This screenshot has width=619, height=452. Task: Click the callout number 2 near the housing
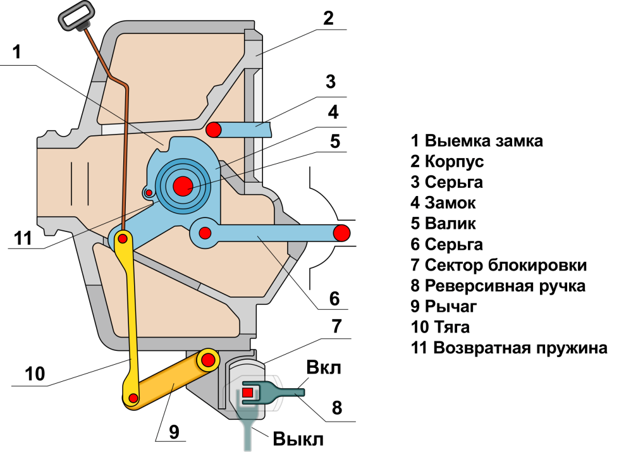pyautogui.click(x=328, y=18)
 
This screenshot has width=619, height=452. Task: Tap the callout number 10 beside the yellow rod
pyautogui.click(x=35, y=374)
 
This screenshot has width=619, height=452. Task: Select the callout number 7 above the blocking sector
pyautogui.click(x=336, y=326)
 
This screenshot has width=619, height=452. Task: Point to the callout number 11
pyautogui.click(x=23, y=238)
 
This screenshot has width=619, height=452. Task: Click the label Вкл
pyautogui.click(x=324, y=368)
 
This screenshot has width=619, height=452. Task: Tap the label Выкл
pyautogui.click(x=298, y=439)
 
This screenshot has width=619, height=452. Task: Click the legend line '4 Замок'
pyautogui.click(x=443, y=202)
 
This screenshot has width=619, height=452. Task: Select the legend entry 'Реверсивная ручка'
pyautogui.click(x=505, y=286)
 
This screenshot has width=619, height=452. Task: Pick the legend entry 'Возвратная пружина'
pyautogui.click(x=520, y=348)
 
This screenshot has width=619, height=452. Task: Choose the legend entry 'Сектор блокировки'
pyautogui.click(x=506, y=265)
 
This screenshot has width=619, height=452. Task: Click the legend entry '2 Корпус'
pyautogui.click(x=447, y=161)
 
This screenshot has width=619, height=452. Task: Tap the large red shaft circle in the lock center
pyautogui.click(x=182, y=185)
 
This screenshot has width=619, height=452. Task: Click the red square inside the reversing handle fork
pyautogui.click(x=247, y=393)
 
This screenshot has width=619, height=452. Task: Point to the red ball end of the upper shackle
pyautogui.click(x=214, y=130)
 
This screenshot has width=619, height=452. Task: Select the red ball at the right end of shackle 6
pyautogui.click(x=341, y=233)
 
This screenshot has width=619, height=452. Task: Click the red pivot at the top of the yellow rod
pyautogui.click(x=123, y=238)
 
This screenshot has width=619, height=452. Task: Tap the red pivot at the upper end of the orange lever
pyautogui.click(x=209, y=360)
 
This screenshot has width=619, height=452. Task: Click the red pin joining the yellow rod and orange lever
pyautogui.click(x=133, y=397)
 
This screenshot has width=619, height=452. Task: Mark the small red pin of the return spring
pyautogui.click(x=149, y=193)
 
